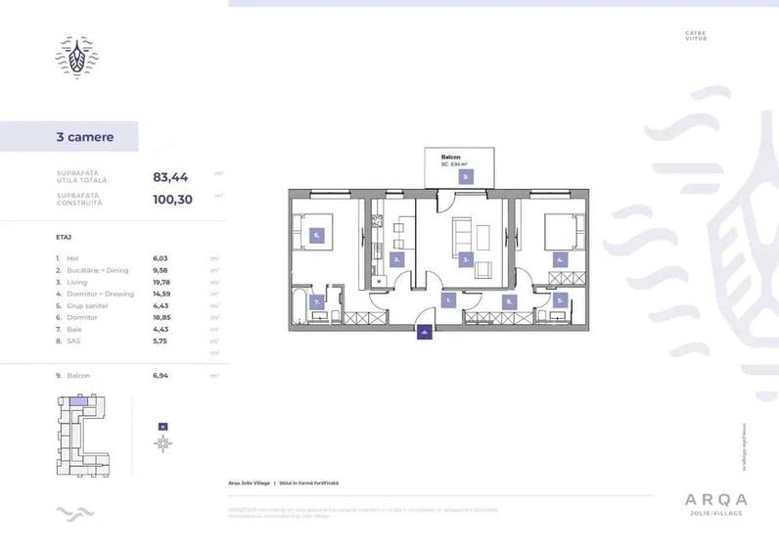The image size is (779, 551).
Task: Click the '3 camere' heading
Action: pos(85,137)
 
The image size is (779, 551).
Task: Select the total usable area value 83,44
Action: pos(170,177)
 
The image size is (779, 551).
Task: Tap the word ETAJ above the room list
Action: pos(65,238)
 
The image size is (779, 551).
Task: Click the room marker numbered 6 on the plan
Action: pos(317,235)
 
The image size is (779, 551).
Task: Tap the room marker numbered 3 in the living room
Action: pos(468,260)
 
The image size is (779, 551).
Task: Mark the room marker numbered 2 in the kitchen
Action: pos(396,259)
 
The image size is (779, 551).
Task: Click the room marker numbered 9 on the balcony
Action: pos(467,177)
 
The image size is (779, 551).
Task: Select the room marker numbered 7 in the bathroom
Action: pos(317,302)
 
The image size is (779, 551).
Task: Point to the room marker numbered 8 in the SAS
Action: pos(509,302)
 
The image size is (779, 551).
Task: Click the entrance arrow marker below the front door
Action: pos(424,334)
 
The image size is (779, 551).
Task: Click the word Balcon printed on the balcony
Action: pos(451,157)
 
